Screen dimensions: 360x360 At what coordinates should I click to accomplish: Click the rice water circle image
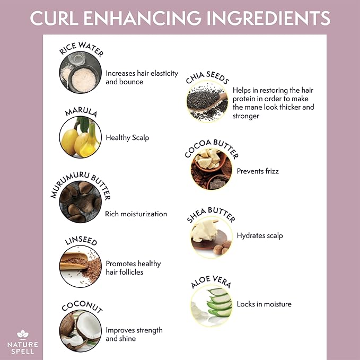(x=80, y=74)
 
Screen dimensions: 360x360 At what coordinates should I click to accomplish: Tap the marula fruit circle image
(x=80, y=137)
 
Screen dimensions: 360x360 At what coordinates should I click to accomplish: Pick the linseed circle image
(x=80, y=266)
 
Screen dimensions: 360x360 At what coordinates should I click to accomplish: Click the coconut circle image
(x=80, y=331)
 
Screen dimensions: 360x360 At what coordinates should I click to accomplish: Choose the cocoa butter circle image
(x=210, y=171)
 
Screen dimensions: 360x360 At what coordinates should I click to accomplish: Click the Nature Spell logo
(x=22, y=341)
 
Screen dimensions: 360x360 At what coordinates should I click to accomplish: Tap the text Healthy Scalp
(x=127, y=138)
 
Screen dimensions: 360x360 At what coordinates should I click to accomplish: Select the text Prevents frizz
(x=258, y=171)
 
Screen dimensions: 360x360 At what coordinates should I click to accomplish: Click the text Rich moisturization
(x=136, y=214)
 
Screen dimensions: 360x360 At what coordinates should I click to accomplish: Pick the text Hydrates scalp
(x=260, y=235)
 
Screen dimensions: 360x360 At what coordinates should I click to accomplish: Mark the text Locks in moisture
(x=264, y=304)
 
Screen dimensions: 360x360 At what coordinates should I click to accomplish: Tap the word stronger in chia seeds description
(x=246, y=116)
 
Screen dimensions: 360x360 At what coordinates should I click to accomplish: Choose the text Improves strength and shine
(x=134, y=334)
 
